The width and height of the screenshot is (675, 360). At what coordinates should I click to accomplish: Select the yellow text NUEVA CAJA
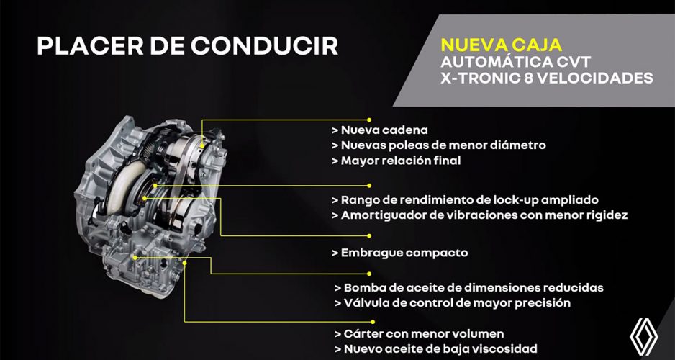click(x=502, y=45)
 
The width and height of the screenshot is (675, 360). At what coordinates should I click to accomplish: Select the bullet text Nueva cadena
click(x=380, y=130)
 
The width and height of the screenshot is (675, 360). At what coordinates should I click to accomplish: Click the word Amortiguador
click(x=381, y=215)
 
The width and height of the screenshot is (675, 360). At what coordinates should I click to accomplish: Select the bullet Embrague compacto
click(x=400, y=253)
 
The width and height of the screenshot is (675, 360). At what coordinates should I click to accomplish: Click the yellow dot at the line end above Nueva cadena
click(x=369, y=120)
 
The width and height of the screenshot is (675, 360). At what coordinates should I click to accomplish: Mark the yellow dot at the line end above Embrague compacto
click(x=369, y=236)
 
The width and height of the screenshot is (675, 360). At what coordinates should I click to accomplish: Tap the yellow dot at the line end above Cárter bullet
click(x=373, y=321)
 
